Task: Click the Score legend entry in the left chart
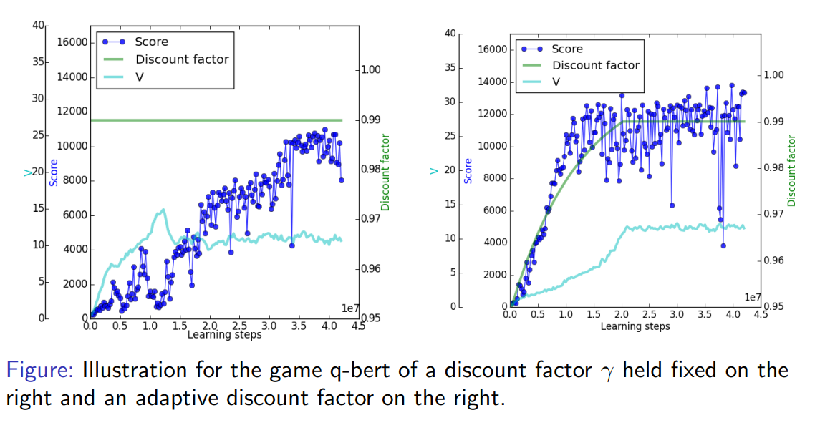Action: click(150, 42)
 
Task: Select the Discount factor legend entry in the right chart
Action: click(594, 65)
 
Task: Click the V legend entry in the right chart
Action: click(556, 82)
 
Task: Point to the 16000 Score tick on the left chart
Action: click(72, 42)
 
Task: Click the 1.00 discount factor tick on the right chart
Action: click(776, 75)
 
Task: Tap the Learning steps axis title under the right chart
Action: click(635, 326)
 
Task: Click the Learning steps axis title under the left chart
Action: click(223, 334)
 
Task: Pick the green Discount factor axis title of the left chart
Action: click(385, 172)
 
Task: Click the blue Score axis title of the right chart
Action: click(468, 170)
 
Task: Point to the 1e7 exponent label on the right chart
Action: click(752, 296)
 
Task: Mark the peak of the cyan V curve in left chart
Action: click(163, 210)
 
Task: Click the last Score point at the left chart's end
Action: click(342, 180)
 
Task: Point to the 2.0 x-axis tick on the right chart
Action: click(621, 314)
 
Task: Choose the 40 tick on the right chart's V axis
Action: click(449, 34)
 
